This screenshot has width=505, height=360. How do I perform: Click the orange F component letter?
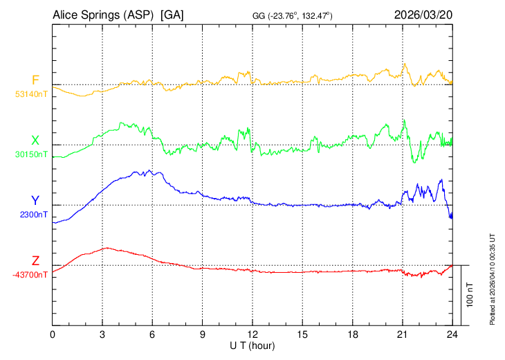35,80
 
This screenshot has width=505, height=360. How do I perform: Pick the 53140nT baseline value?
31,93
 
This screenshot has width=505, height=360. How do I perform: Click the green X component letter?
35,141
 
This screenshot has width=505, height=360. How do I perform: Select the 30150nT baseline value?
31,154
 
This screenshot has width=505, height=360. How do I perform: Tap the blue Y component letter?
35,201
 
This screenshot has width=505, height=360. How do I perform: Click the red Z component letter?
35,261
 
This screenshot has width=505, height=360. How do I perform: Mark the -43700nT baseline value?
30,275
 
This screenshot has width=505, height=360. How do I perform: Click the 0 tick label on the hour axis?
53,334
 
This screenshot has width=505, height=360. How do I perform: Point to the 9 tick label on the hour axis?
203,334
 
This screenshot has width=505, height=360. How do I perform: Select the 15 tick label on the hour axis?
302,334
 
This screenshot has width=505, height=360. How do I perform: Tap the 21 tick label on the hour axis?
402,334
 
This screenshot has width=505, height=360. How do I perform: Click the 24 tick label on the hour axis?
452,334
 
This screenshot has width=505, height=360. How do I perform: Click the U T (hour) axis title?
252,345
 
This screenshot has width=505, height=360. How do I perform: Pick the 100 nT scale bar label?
470,295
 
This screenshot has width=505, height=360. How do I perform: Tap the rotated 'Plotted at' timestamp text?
493,278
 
